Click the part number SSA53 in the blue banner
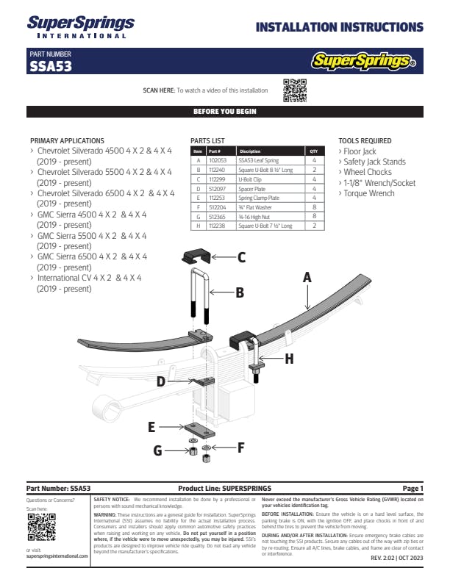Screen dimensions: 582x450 [x=51, y=65]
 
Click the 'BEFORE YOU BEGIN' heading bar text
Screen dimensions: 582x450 [x=224, y=112]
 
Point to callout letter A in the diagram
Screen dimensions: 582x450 [x=307, y=278]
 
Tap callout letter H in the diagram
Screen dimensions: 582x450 [x=289, y=359]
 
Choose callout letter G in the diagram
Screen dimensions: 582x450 [x=157, y=450]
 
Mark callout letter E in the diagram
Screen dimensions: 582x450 [x=151, y=426]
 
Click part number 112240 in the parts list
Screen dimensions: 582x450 [x=218, y=169]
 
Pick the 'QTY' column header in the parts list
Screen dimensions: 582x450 [x=314, y=151]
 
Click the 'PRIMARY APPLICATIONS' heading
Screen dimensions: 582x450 [x=67, y=140]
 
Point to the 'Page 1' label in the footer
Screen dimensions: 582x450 [x=413, y=488]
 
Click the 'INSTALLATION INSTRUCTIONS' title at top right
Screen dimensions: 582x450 [x=339, y=28]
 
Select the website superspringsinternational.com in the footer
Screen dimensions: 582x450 [x=57, y=556]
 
